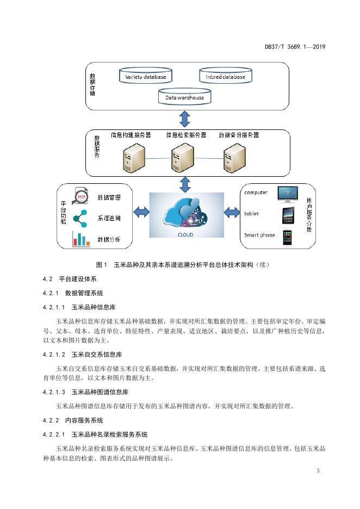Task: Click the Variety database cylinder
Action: (145, 75)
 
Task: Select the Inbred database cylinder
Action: (226, 75)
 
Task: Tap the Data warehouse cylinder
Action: (185, 96)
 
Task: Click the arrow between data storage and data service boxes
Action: (185, 119)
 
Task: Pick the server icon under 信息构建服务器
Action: (133, 158)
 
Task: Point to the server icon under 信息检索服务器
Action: (182, 158)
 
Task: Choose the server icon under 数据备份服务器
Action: (234, 158)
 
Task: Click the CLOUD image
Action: (187, 215)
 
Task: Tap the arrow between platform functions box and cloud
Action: (141, 213)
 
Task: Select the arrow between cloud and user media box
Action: (232, 213)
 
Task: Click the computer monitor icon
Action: (288, 194)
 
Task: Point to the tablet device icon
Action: (288, 215)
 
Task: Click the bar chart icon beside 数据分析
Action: (81, 239)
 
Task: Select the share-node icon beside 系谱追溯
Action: (80, 218)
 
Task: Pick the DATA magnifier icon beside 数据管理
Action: (80, 196)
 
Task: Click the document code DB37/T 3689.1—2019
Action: (295, 47)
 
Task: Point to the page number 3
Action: (318, 471)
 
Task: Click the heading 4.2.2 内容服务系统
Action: (73, 420)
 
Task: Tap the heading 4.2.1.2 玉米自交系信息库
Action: (83, 355)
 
